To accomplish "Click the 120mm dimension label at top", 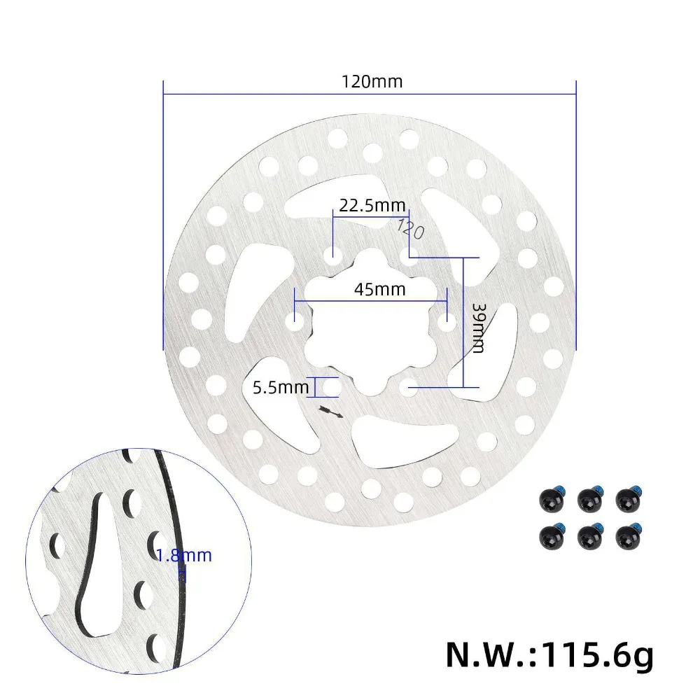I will click(x=372, y=81).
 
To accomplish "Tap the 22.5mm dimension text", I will click(x=372, y=206).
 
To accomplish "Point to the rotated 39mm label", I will click(x=477, y=328).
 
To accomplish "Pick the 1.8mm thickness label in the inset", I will click(x=183, y=556).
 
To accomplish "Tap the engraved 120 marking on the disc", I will click(x=410, y=229).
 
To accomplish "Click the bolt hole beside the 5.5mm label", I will click(x=332, y=386).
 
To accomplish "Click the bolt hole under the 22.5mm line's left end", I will click(x=334, y=252).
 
